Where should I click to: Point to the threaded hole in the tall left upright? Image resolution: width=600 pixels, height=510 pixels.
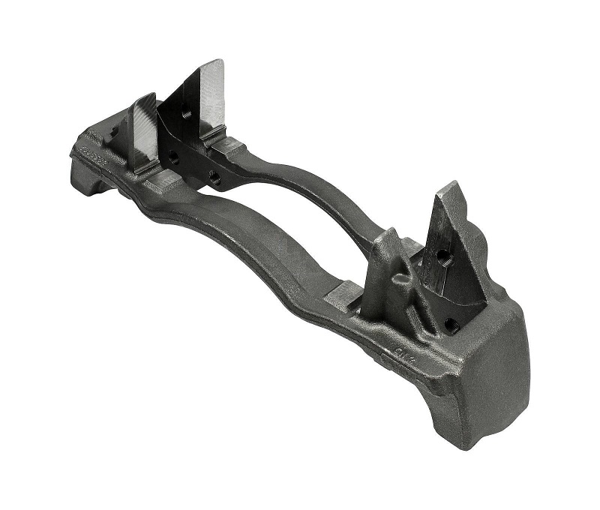[x=187, y=113]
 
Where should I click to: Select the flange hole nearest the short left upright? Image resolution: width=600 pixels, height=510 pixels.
[x=173, y=157]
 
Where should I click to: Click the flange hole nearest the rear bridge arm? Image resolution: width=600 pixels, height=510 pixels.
[x=214, y=177]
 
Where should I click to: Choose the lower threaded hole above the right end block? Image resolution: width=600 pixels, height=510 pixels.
[x=451, y=325]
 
